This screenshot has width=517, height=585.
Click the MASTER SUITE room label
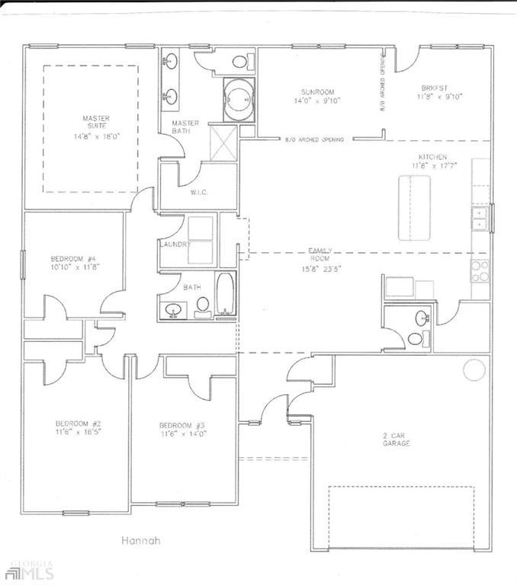click(x=97, y=123)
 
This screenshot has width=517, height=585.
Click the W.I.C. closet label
click(x=200, y=193)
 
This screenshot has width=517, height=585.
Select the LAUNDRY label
click(x=174, y=244)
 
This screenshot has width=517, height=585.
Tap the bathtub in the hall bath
click(x=226, y=295)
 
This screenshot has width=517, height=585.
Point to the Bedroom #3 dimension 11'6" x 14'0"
click(x=182, y=433)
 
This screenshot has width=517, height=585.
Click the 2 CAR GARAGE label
click(x=396, y=439)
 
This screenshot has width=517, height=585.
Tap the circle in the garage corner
click(x=474, y=369)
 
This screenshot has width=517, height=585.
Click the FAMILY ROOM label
click(x=318, y=254)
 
